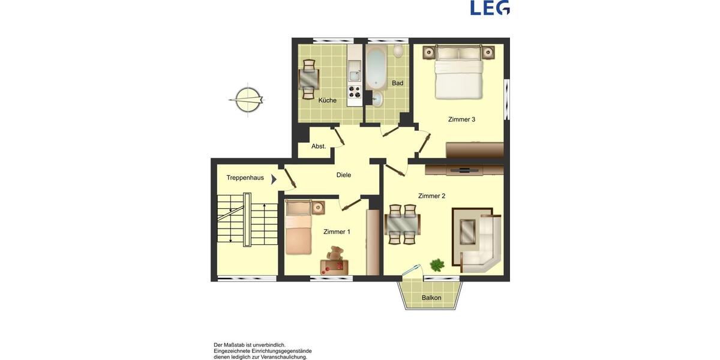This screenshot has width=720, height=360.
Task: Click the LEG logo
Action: pyautogui.click(x=490, y=7)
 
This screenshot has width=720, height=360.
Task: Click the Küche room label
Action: pyautogui.click(x=327, y=100)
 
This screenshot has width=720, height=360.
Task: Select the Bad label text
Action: pyautogui.click(x=397, y=83)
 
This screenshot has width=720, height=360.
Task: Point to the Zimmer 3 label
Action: pyautogui.click(x=461, y=119)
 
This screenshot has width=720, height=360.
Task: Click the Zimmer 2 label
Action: pyautogui.click(x=431, y=196)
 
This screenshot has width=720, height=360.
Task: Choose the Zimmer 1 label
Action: pyautogui.click(x=337, y=232)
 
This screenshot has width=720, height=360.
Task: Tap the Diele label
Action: pyautogui.click(x=344, y=175)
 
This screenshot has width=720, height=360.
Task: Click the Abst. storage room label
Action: pyautogui.click(x=319, y=146)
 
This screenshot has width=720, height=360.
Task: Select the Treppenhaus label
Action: pyautogui.click(x=245, y=178)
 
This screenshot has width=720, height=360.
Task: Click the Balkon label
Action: pyautogui.click(x=431, y=298)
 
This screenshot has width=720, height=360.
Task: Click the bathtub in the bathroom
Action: pyautogui.click(x=377, y=68)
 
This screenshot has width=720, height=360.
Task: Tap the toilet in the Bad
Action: pyautogui.click(x=398, y=52)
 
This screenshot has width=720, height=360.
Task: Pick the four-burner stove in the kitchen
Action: pyautogui.click(x=355, y=92)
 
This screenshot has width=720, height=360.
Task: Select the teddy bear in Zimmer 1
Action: pyautogui.click(x=336, y=255)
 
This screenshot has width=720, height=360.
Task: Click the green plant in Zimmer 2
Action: pyautogui.click(x=437, y=264)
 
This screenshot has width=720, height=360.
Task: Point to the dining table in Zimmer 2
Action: pyautogui.click(x=402, y=225)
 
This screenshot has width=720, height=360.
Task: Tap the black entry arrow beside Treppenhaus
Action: pyautogui.click(x=274, y=178)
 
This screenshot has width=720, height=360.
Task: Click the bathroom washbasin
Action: pyautogui.click(x=377, y=100)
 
